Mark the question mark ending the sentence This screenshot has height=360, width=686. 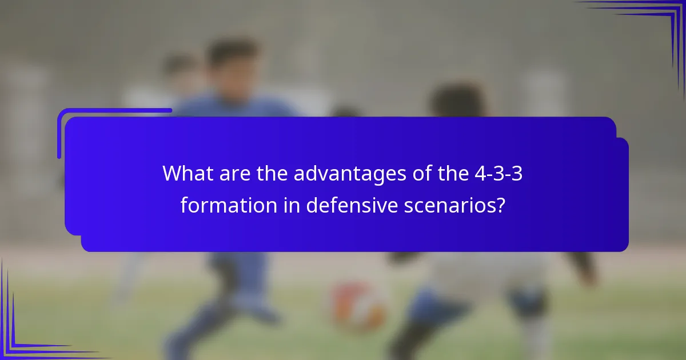(x=501, y=205)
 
